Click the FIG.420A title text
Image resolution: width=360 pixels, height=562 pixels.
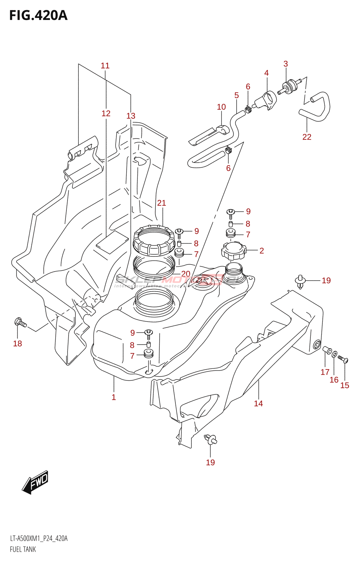[x=38, y=15]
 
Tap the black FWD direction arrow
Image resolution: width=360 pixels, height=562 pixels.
[x=36, y=482]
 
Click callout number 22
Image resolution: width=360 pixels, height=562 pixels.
[x=307, y=137]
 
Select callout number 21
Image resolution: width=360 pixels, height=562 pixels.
[x=161, y=203]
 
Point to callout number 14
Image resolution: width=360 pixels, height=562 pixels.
[x=258, y=404]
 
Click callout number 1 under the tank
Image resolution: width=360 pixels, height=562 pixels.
[x=114, y=397]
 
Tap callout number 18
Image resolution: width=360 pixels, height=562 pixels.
[x=18, y=344]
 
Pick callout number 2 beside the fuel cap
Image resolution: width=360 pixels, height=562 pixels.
[x=262, y=250]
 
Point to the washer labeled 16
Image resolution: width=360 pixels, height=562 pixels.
[x=334, y=354]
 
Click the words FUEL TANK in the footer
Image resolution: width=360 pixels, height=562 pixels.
[x=23, y=549]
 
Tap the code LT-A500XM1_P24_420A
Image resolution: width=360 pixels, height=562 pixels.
[x=39, y=538]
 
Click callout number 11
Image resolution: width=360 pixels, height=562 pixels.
[x=105, y=66]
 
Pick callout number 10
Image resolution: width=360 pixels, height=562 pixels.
[x=221, y=107]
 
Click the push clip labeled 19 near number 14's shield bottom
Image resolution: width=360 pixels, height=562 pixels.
[x=211, y=439]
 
